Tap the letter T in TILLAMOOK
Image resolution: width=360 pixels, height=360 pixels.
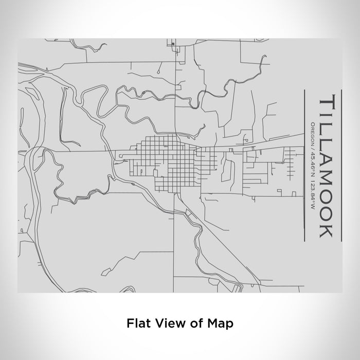[x=328, y=101]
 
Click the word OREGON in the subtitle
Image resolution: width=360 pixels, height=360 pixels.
[x=313, y=132]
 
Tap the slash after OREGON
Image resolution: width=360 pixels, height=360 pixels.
[x=313, y=144]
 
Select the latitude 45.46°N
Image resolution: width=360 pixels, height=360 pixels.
[x=313, y=159]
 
